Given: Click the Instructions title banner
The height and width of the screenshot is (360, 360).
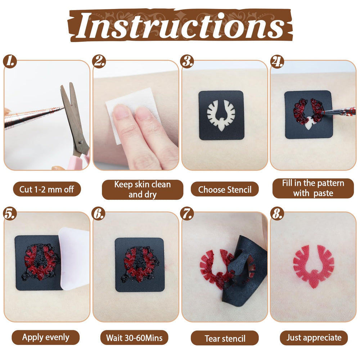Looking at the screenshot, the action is point(180,25).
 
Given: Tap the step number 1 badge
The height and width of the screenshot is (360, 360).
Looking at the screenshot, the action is point(10,61).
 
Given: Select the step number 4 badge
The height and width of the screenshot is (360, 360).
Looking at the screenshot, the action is point(277,61).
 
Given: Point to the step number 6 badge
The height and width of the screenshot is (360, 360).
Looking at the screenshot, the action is point(99,213).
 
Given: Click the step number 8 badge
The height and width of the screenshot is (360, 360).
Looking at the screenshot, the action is point(277,213).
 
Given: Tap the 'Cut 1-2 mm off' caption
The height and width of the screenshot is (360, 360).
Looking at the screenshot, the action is point(47,189).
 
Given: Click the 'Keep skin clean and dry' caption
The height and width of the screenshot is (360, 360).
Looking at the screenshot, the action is point(142,189).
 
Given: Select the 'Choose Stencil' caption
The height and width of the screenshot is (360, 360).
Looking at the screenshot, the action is point(225,189).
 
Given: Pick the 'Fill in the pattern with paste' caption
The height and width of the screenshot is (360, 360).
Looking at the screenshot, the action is point(313,188).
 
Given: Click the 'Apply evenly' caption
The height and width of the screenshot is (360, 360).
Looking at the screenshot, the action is point(46,337).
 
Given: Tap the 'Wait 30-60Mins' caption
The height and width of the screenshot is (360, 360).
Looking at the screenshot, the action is point(134,338).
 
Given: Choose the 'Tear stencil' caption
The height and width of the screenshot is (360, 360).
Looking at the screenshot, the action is point(225,338).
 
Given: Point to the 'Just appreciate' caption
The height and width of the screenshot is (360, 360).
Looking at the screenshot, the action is point(314,338).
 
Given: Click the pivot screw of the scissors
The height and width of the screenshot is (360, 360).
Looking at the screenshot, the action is point(80,142).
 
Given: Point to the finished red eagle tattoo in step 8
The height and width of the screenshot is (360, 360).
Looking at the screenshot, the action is point(314,266).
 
